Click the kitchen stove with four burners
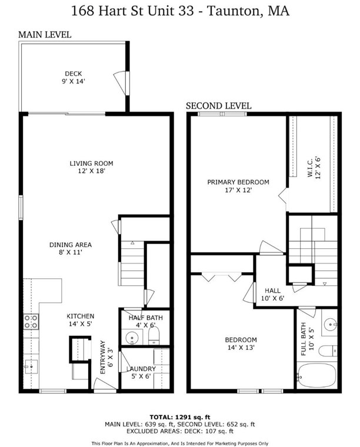click(31, 321)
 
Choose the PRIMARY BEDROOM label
click(238, 182)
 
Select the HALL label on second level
click(272, 291)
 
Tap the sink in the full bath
click(330, 324)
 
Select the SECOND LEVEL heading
click(219, 106)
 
